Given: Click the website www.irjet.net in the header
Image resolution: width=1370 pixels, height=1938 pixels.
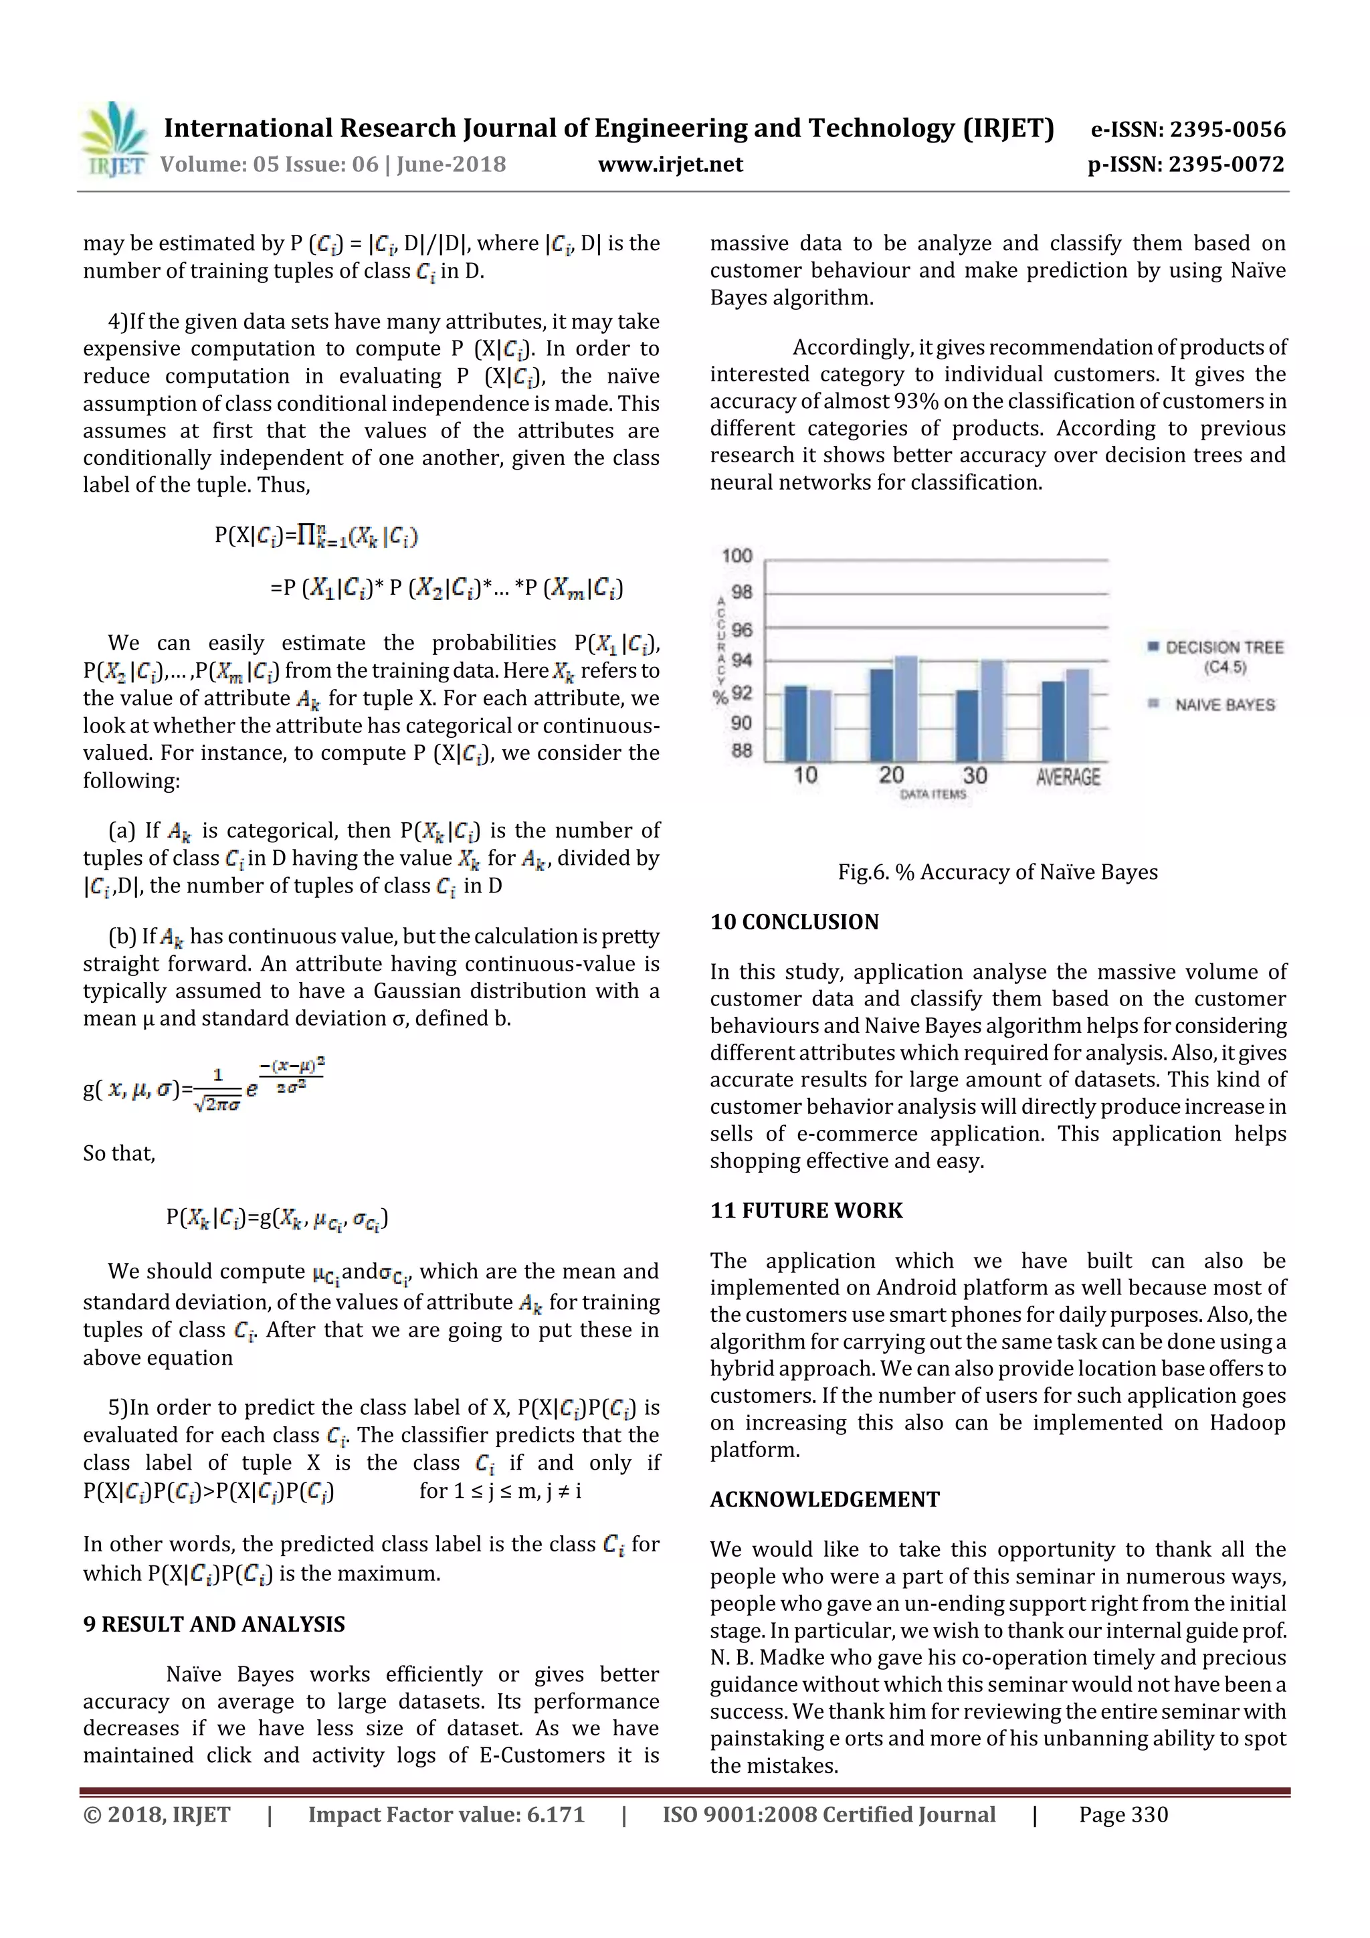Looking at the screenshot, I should click(670, 165).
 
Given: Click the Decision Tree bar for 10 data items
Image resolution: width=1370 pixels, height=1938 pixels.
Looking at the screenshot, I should click(795, 724).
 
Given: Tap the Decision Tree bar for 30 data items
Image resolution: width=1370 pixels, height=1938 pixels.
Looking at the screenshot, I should click(967, 725).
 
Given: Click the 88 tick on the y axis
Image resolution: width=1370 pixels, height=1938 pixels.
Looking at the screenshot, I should click(741, 751).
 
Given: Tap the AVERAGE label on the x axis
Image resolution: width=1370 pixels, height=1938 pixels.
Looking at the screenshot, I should click(1068, 777).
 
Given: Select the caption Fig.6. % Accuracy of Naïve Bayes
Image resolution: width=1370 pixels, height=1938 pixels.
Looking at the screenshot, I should click(997, 872).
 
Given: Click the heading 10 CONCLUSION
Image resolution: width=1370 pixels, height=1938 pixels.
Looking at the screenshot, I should click(794, 922).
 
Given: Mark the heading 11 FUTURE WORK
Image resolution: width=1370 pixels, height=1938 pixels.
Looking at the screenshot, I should click(806, 1210).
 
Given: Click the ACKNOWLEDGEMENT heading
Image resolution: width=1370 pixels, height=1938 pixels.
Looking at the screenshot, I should click(825, 1499).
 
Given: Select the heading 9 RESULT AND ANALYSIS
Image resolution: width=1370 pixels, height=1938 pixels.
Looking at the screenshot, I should click(213, 1624).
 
